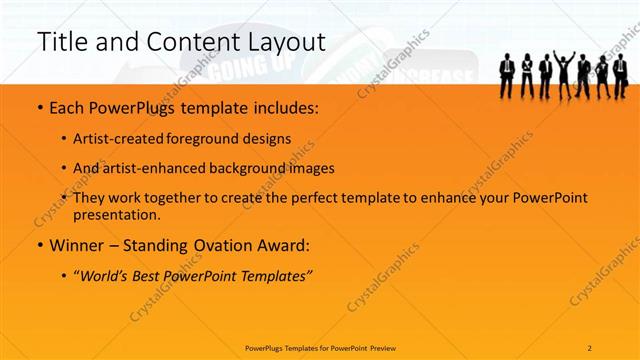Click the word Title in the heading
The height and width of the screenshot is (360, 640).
61,42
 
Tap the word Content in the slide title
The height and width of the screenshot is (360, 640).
187,42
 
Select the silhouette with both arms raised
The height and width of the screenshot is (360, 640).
564,73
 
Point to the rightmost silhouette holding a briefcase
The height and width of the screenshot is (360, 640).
621,75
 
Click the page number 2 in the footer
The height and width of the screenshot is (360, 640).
591,347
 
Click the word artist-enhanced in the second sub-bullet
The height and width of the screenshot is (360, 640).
160,168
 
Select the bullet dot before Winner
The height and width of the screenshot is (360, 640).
38,245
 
